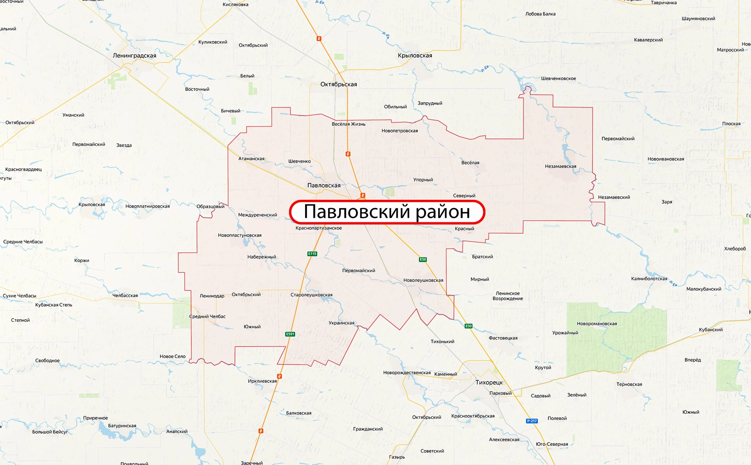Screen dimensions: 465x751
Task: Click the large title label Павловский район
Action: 387,212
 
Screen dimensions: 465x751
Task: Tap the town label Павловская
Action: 324,185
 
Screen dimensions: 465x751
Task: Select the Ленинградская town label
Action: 135,56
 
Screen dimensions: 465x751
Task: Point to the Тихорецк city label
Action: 489,382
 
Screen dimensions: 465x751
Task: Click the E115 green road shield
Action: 312,254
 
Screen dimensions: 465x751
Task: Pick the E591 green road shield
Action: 290,334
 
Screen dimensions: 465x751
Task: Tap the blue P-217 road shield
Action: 532,421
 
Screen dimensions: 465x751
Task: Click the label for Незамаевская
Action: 561,166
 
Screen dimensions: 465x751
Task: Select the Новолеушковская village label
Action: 423,280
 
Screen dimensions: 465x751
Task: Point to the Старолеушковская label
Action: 311,295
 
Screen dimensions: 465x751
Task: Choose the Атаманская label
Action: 252,159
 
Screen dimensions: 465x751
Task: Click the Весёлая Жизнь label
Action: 349,124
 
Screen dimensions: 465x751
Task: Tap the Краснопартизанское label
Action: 319,228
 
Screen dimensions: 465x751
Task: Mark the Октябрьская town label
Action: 339,84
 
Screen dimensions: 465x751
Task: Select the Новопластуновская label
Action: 240,235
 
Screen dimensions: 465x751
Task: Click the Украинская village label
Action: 341,323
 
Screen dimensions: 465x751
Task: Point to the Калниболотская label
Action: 649,279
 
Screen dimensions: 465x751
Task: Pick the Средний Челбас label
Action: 207,317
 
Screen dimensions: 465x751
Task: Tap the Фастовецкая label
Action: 503,338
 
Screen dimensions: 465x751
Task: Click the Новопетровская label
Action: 400,131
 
